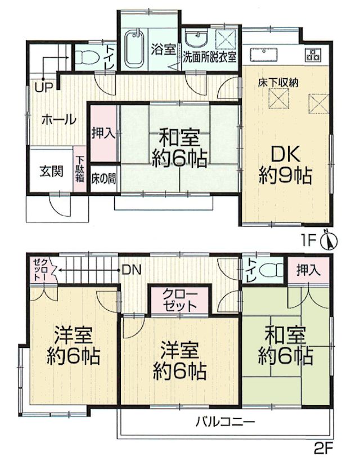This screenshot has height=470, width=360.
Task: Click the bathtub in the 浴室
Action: coord(134,48)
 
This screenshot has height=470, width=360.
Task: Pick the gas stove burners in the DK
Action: coord(313,54)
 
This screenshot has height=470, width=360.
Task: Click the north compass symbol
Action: coord(329,240)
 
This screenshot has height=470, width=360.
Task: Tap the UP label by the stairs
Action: coord(44,87)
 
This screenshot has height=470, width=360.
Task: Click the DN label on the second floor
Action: coord(131,270)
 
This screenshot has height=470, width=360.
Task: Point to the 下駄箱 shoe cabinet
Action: coord(80,170)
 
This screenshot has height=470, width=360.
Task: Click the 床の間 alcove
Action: coord(103,178)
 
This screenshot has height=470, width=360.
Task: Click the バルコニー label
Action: coord(225,422)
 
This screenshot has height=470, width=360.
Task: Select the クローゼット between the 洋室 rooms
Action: coord(181,301)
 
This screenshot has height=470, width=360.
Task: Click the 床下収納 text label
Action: coord(278,82)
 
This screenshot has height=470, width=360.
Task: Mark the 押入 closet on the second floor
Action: coord(309,271)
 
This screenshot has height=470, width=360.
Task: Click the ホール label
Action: coord(58,120)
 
